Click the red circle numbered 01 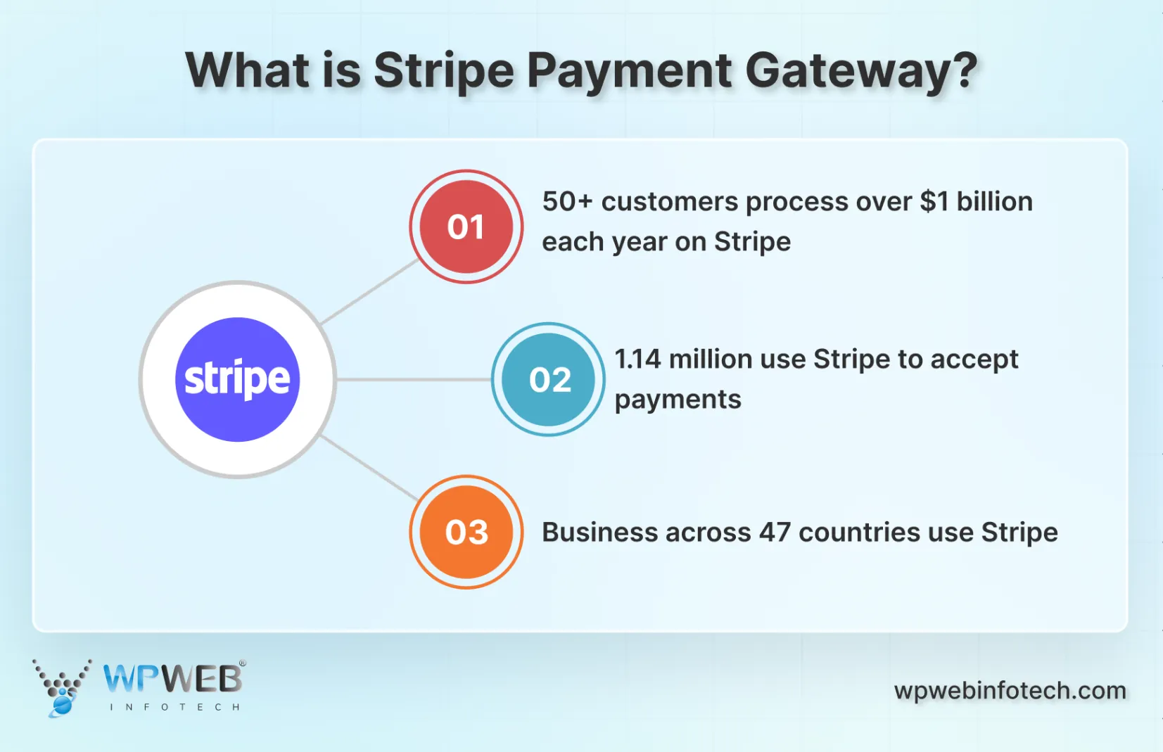pyautogui.click(x=466, y=227)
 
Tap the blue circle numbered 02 pyautogui.click(x=549, y=379)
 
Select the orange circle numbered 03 pyautogui.click(x=466, y=532)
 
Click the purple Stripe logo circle pyautogui.click(x=238, y=379)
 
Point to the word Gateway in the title pyautogui.click(x=861, y=71)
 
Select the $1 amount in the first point pyautogui.click(x=934, y=202)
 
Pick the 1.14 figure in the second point pyautogui.click(x=637, y=359)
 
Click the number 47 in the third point pyautogui.click(x=775, y=533)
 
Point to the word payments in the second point pyautogui.click(x=678, y=400)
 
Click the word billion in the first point pyautogui.click(x=994, y=202)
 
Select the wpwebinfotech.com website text pyautogui.click(x=1010, y=691)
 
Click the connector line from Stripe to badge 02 pyautogui.click(x=413, y=379)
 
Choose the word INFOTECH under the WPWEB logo pyautogui.click(x=174, y=707)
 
